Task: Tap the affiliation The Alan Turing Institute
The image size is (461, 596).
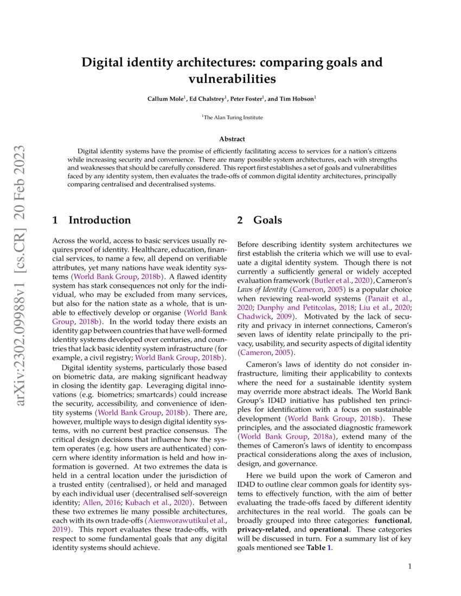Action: point(233,117)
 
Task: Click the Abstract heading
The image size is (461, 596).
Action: point(232,139)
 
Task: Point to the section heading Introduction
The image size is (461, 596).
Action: point(99,220)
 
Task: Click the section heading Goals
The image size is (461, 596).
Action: point(267,220)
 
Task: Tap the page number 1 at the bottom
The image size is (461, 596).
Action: point(409,567)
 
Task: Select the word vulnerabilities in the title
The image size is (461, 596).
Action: point(232,79)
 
